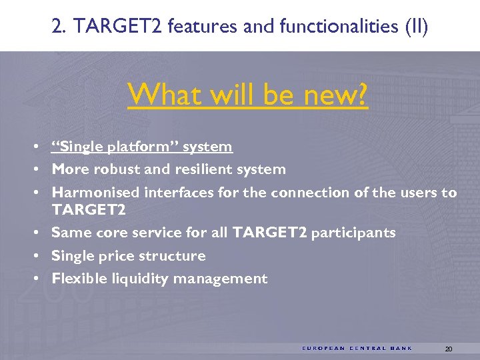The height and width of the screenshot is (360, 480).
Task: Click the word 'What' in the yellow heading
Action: pyautogui.click(x=164, y=96)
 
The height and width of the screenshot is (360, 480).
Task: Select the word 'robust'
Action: pyautogui.click(x=117, y=169)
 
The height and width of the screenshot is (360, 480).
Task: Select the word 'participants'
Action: pyautogui.click(x=353, y=233)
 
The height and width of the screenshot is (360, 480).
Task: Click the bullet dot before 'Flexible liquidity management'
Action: pyautogui.click(x=41, y=279)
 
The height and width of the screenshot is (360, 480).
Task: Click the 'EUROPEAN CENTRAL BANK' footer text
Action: pyautogui.click(x=357, y=348)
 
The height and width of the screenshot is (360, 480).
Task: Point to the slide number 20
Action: pyautogui.click(x=448, y=349)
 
